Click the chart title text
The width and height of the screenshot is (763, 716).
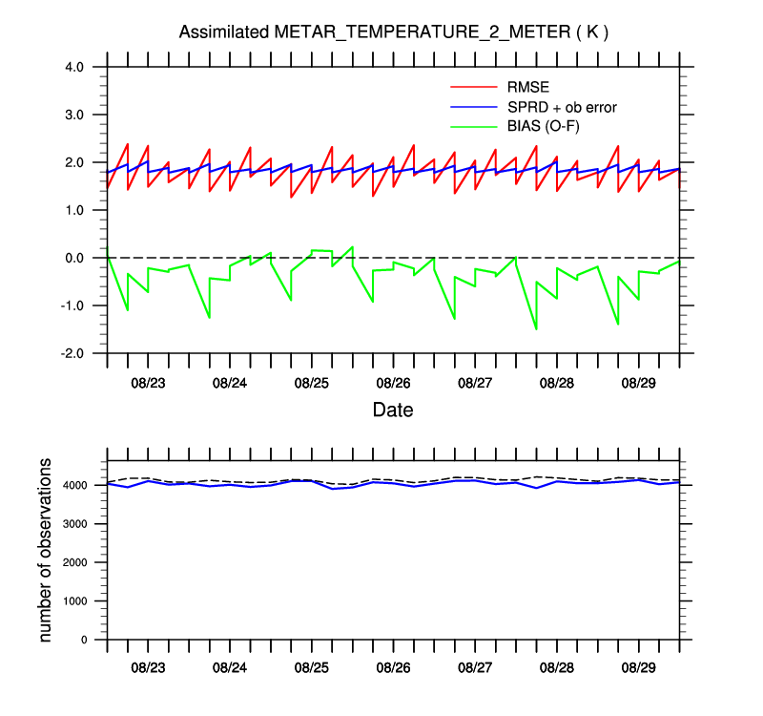click(394, 32)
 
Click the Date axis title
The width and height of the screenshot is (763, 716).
click(393, 410)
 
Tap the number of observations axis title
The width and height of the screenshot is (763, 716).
click(46, 549)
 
